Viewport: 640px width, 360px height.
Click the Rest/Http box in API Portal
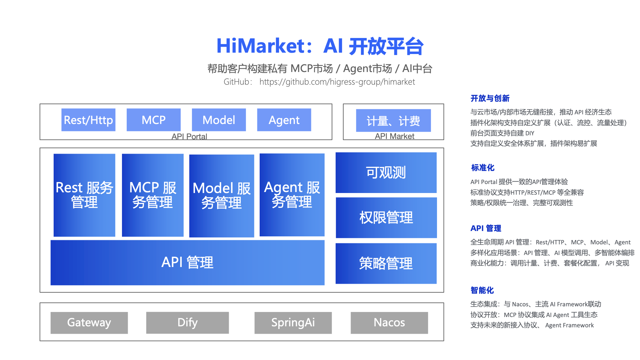[88, 120]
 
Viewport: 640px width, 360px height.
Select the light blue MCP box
[153, 120]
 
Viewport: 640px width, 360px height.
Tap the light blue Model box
[219, 120]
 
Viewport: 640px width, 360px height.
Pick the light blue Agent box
[284, 120]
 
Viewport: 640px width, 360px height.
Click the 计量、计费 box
[393, 120]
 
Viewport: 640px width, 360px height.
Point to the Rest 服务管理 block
[84, 195]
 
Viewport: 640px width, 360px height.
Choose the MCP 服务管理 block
[153, 195]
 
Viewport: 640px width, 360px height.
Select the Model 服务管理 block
[222, 196]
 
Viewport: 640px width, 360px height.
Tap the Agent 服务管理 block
[292, 195]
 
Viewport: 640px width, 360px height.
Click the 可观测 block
[386, 172]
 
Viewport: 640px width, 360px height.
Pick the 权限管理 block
[386, 217]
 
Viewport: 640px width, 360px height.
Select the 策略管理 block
[386, 263]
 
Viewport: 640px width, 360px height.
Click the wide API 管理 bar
[187, 262]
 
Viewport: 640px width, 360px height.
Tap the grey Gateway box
[89, 322]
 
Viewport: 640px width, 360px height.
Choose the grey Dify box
[187, 322]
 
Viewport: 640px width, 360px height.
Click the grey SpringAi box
[293, 322]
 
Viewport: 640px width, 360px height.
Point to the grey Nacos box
[389, 322]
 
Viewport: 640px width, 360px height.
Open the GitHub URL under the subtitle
[337, 82]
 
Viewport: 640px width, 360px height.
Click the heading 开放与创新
[490, 98]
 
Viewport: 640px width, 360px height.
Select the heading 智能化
[482, 290]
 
